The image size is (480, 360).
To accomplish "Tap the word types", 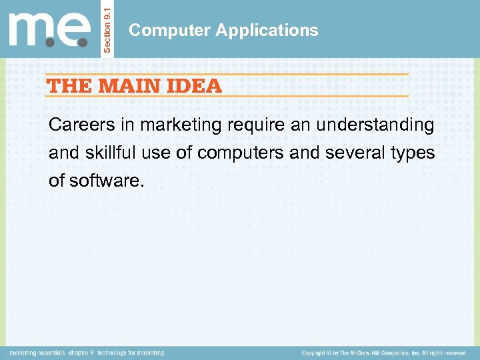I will tap(415, 153).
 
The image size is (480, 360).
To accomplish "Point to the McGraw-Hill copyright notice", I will tap(384, 353).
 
